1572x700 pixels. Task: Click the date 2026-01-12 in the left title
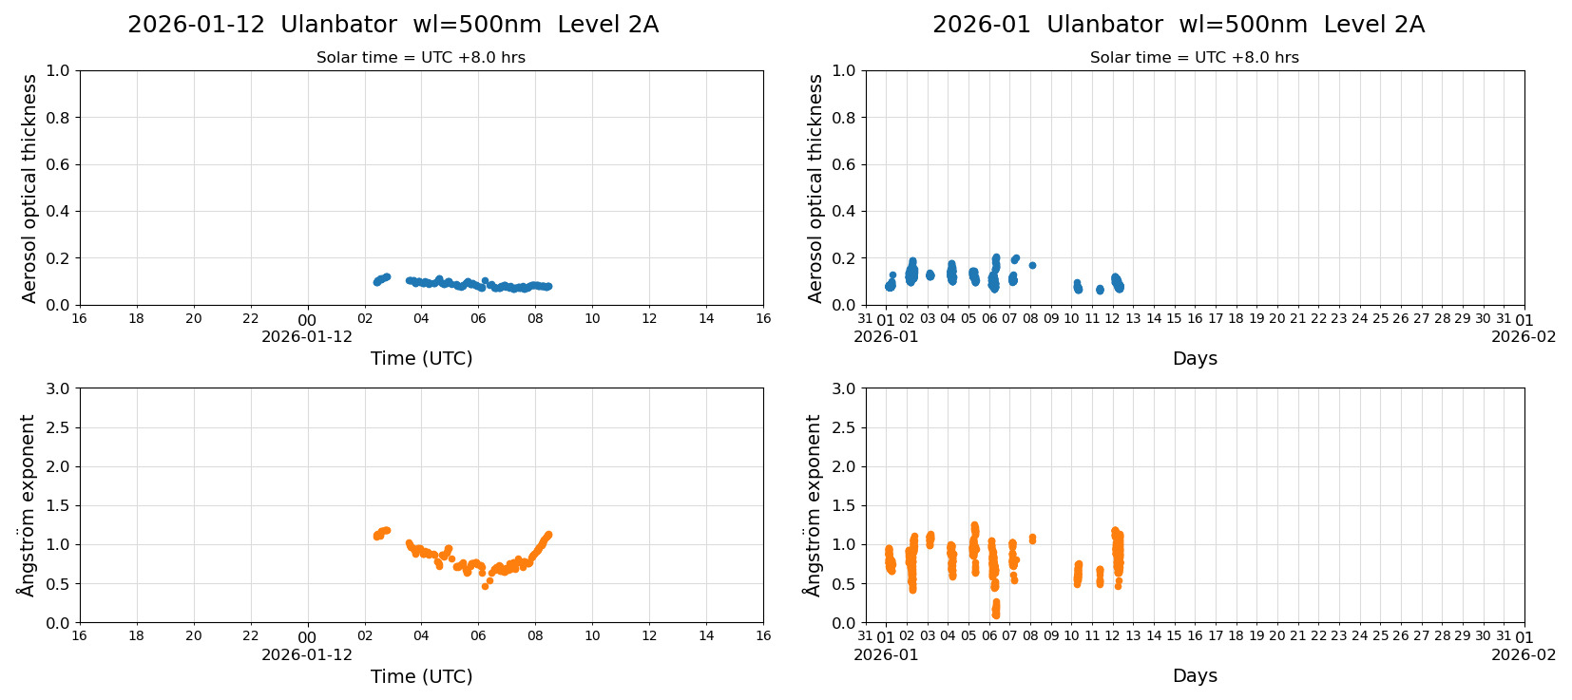(196, 25)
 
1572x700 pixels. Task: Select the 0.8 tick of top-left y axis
(58, 118)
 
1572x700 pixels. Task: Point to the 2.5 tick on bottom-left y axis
(58, 427)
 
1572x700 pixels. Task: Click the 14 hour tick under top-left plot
(706, 318)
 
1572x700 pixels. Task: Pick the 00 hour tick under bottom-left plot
(307, 637)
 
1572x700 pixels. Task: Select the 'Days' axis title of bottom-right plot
(1195, 675)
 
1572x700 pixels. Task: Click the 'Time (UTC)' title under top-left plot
(421, 358)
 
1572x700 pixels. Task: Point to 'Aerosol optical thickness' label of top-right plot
(815, 188)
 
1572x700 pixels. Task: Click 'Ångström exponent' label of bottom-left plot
(28, 505)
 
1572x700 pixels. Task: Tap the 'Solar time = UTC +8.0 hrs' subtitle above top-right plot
(1194, 58)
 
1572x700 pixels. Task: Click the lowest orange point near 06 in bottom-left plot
(485, 586)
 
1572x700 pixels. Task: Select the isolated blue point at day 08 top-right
(1032, 265)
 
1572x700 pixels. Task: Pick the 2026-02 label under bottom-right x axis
(1523, 654)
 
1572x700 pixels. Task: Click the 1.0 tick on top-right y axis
(844, 70)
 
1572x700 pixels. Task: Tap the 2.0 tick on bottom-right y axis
(844, 466)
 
